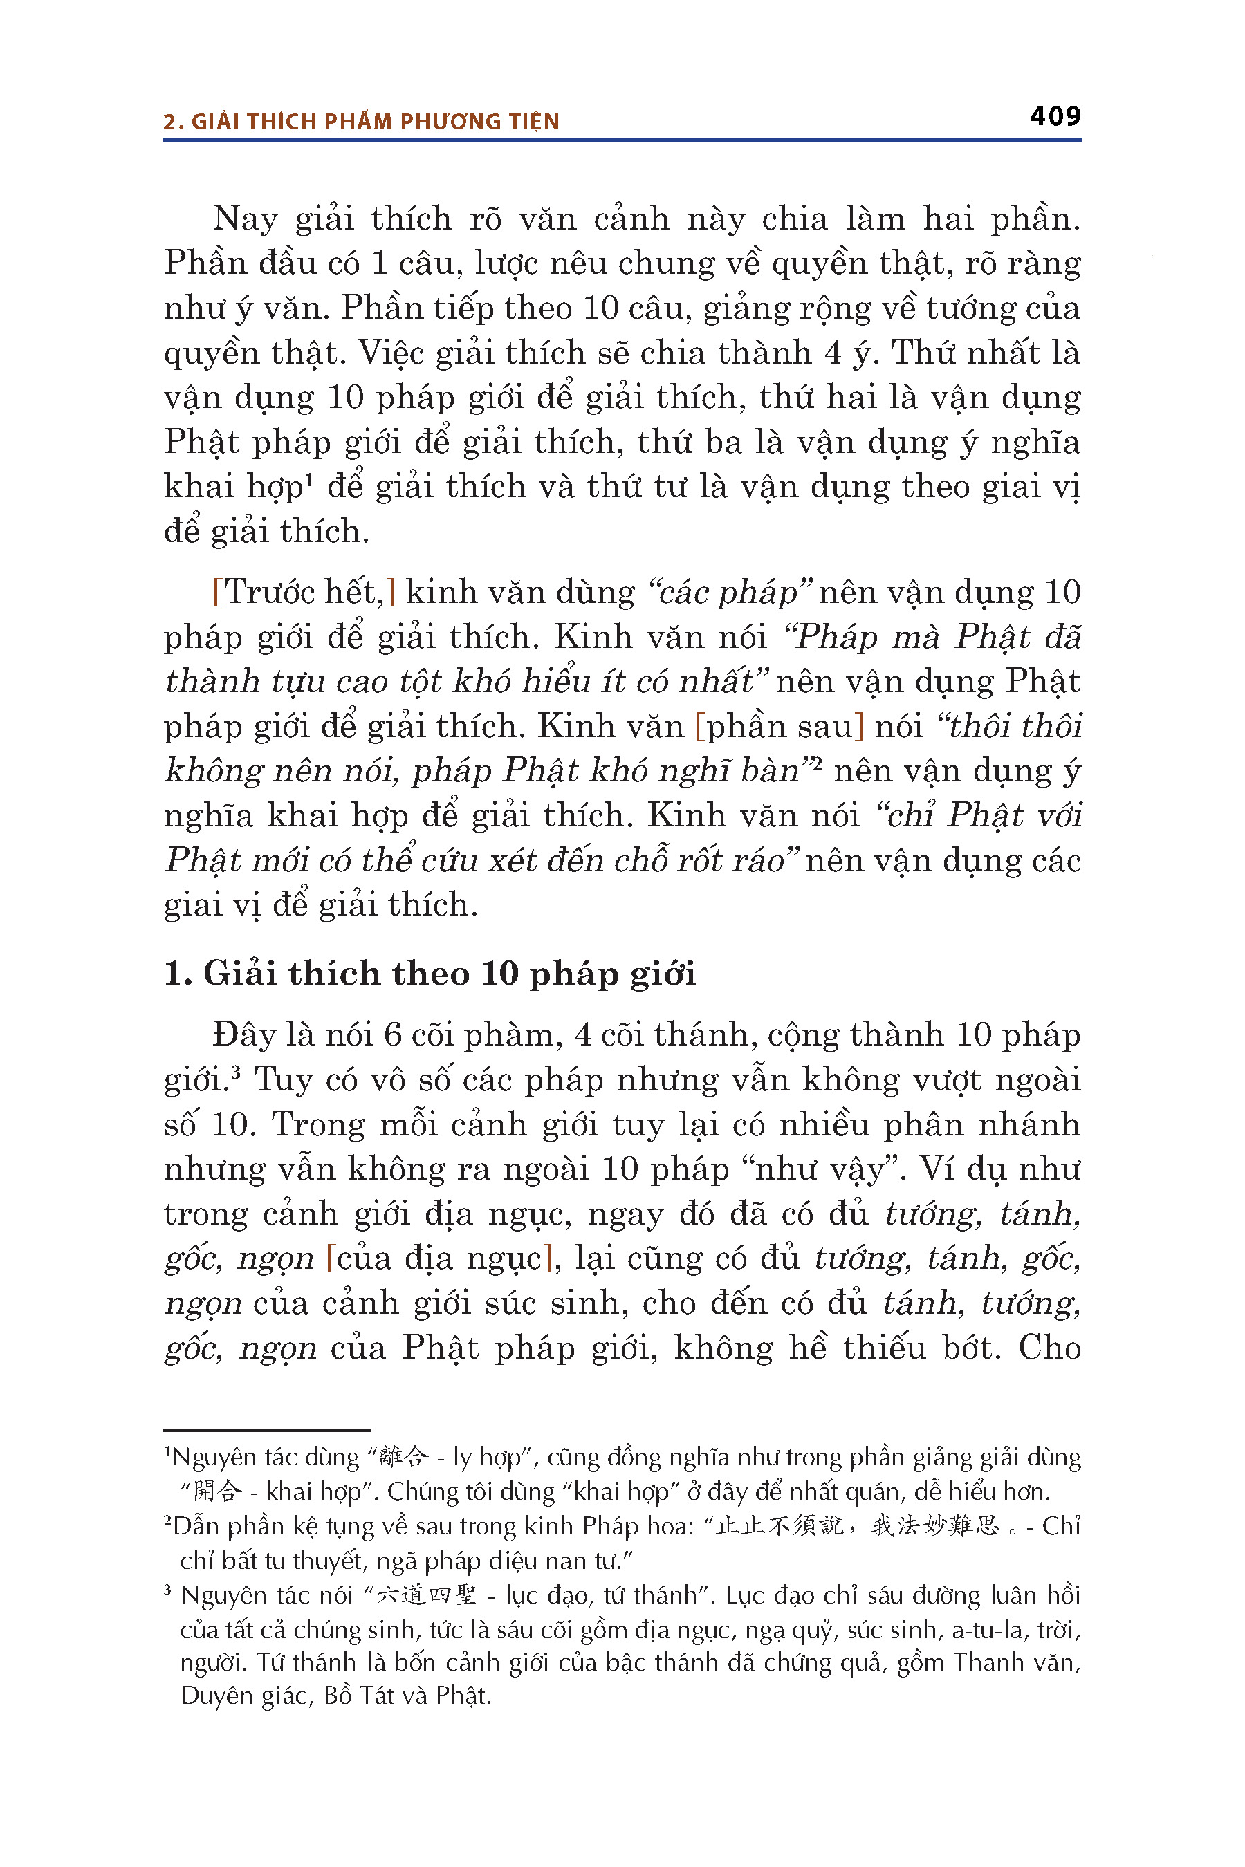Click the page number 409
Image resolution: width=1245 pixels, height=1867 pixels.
pos(1054,117)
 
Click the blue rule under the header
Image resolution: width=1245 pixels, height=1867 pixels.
pos(622,140)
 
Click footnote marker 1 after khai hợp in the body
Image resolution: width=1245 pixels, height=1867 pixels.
pos(310,478)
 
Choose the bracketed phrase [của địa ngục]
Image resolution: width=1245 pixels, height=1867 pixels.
pos(439,1259)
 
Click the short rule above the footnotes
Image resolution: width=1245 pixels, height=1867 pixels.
pos(267,1431)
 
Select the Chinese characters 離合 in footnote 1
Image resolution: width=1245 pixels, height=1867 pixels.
pos(403,1457)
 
